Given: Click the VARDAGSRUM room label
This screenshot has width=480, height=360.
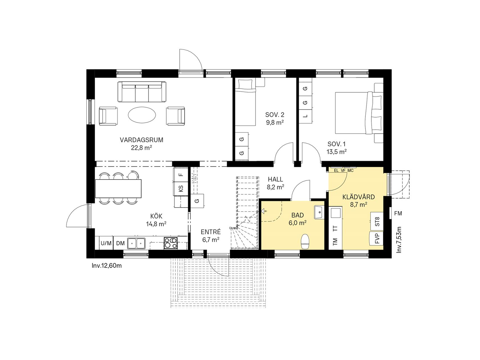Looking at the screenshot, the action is click(x=141, y=140).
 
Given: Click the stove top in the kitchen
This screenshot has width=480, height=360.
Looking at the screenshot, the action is click(x=171, y=243).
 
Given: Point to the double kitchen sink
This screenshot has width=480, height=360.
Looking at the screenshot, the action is click(x=136, y=243).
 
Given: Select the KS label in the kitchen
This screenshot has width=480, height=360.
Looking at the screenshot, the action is click(x=181, y=188).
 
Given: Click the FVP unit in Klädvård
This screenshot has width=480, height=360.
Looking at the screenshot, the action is click(x=377, y=238).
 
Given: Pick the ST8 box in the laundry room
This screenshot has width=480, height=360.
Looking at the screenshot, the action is click(x=377, y=222).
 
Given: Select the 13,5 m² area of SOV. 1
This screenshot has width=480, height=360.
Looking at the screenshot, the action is click(x=336, y=152).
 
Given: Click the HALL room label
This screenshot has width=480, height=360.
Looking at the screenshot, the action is click(x=275, y=179).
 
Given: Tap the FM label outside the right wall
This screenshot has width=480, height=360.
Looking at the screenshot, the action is click(x=398, y=213).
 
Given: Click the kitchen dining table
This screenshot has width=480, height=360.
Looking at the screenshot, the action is click(x=118, y=188).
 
